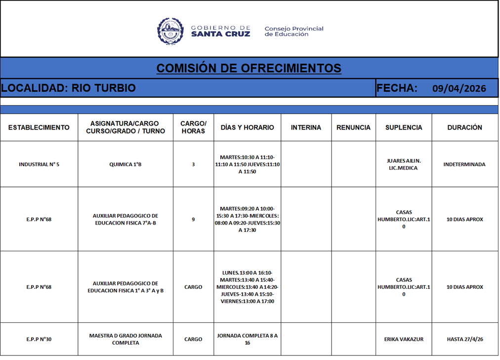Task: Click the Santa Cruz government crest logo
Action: (170, 31)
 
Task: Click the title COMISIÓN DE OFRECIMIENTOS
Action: (249, 68)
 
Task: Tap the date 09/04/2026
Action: (459, 89)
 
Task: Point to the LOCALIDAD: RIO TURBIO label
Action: (68, 89)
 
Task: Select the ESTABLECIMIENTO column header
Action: (39, 128)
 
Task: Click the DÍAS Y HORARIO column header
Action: (247, 128)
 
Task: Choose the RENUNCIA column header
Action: (353, 128)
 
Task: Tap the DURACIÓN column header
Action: (464, 128)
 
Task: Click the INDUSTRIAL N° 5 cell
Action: (39, 164)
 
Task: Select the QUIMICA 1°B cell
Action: (125, 164)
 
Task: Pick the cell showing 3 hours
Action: (193, 164)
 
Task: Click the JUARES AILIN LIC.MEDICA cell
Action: (404, 164)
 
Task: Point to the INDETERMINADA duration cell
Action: (464, 164)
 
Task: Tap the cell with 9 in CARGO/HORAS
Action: (193, 219)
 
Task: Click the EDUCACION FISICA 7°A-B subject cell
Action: (125, 219)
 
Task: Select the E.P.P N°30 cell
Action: (39, 339)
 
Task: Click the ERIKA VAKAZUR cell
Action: (404, 339)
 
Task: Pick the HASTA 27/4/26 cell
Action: (464, 339)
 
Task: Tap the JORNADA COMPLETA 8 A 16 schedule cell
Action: (247, 339)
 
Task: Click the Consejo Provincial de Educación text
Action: (293, 32)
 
